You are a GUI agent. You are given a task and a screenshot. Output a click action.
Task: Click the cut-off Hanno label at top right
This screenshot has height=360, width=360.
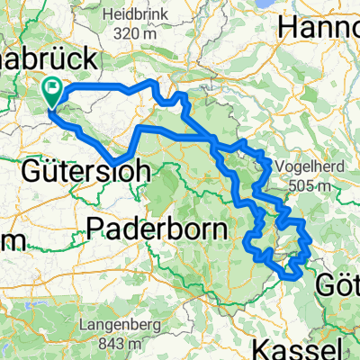(319, 29)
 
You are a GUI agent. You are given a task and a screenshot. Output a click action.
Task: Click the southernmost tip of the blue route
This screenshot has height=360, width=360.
(293, 276)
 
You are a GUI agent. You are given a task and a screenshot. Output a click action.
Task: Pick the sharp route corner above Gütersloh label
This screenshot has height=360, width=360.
(114, 163)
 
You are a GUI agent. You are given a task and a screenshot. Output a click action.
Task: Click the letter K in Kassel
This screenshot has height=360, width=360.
(262, 347)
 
